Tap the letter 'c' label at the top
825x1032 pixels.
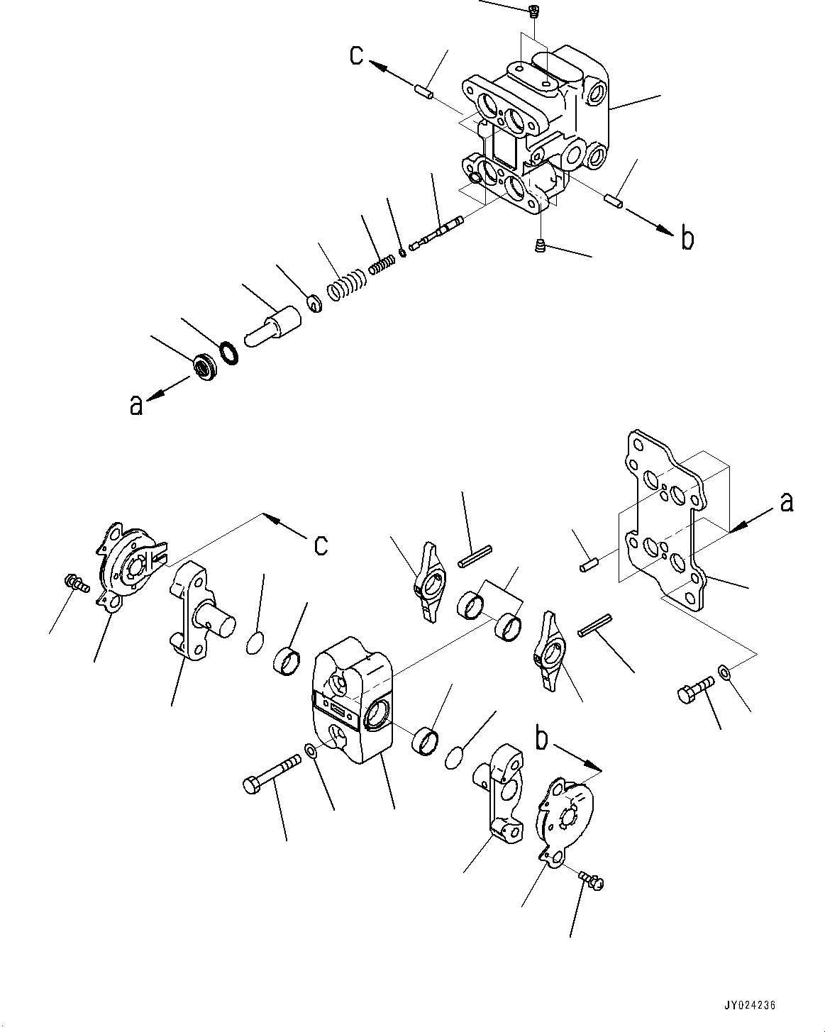[x=359, y=55]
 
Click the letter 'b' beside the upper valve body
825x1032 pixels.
[x=687, y=239]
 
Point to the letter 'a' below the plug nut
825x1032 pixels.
[x=135, y=404]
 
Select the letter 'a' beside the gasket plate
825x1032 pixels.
[x=786, y=503]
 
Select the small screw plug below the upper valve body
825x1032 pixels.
[x=539, y=246]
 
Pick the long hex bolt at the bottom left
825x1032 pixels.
[x=272, y=775]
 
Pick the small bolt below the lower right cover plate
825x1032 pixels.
[x=590, y=880]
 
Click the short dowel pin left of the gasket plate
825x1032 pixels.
[x=589, y=565]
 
